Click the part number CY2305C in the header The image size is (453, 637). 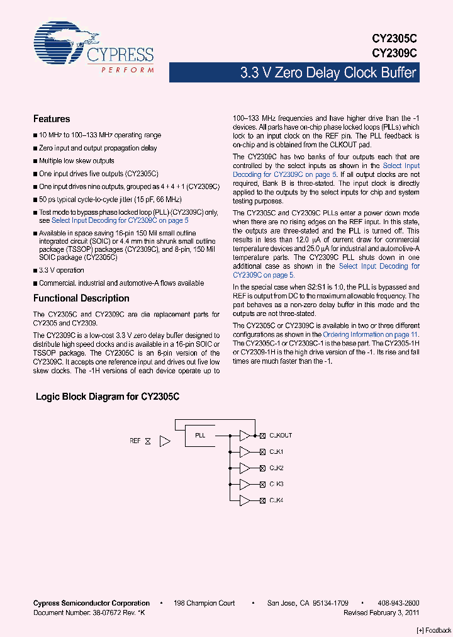click(x=394, y=39)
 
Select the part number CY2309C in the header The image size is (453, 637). click(x=394, y=54)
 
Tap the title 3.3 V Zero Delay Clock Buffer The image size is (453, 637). click(x=328, y=73)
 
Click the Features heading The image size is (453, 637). click(x=52, y=119)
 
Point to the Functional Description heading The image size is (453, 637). click(x=81, y=298)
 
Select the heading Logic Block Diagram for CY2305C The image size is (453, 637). click(x=108, y=397)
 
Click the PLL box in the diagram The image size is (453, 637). click(x=199, y=435)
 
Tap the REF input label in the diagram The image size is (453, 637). click(x=135, y=441)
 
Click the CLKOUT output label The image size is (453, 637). click(x=281, y=436)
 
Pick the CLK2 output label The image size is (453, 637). click(x=276, y=468)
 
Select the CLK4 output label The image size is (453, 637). click(x=276, y=501)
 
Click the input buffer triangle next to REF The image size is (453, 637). click(x=165, y=441)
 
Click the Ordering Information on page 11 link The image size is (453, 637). click(x=370, y=335)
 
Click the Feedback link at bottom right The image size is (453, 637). click(x=434, y=630)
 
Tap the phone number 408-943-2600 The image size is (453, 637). click(x=400, y=603)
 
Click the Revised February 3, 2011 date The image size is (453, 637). click(x=381, y=612)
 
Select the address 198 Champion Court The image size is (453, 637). click(x=205, y=603)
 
